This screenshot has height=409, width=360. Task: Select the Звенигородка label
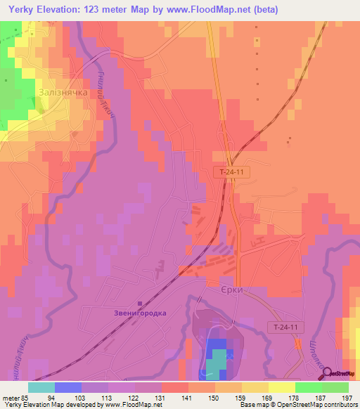141,313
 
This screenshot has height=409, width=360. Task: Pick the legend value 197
346,396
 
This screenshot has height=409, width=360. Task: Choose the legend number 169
267,396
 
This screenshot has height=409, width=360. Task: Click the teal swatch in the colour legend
41,387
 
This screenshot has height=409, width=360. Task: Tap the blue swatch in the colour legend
68,387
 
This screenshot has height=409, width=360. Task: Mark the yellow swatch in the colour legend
282,387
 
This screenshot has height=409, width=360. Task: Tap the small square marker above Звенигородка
141,304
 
